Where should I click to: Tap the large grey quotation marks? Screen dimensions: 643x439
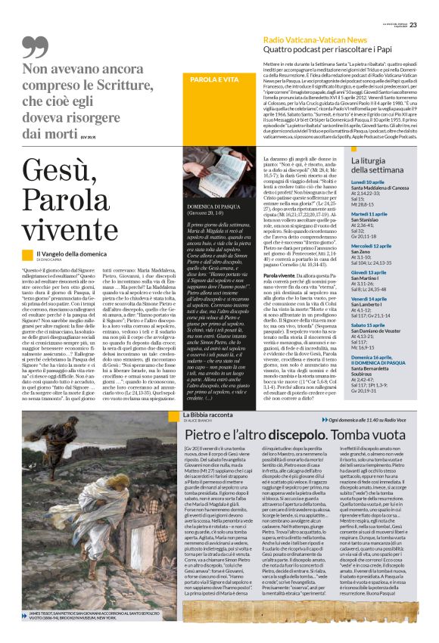click(x=56, y=48)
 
